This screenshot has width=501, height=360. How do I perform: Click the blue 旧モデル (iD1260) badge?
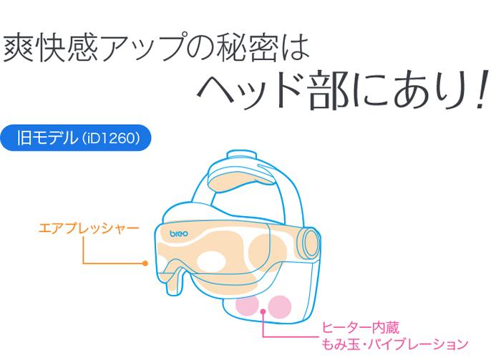(x=76, y=137)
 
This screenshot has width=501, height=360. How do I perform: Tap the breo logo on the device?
(x=179, y=233)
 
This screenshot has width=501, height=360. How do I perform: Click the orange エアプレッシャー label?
(x=89, y=228)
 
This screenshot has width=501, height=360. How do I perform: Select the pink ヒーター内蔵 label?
(x=361, y=328)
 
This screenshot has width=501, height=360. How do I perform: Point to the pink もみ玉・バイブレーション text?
(x=394, y=344)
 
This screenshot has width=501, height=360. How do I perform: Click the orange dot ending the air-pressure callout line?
(x=145, y=263)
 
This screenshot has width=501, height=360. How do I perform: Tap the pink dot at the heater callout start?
(x=263, y=311)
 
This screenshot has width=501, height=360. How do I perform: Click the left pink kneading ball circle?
(x=247, y=306)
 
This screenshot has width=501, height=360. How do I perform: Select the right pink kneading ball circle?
(x=280, y=307)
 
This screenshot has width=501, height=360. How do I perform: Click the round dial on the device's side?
(x=309, y=243)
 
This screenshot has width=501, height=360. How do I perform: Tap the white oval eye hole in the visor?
(x=211, y=262)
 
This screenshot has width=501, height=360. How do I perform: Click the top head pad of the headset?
(x=240, y=180)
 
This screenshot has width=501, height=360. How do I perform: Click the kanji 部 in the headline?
(x=328, y=90)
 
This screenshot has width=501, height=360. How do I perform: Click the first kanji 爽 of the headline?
(x=19, y=48)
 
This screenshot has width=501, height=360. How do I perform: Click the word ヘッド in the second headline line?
(x=250, y=90)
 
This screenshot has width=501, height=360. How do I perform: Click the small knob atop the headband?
(x=242, y=155)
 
